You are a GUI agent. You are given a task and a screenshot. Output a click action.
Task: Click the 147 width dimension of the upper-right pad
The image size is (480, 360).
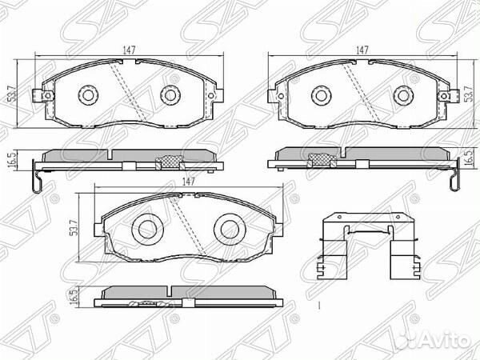click(x=362, y=50)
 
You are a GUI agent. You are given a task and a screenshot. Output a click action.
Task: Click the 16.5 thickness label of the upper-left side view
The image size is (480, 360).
click(x=10, y=160)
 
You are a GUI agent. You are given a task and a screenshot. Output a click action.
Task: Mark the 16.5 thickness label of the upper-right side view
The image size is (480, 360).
click(x=469, y=160)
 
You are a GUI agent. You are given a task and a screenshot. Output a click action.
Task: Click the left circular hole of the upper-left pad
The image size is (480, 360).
click(x=86, y=95)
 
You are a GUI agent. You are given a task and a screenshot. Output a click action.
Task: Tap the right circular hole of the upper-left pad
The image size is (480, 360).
click(x=168, y=95)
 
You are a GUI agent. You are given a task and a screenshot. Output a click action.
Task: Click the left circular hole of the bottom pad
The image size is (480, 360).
click(x=146, y=229)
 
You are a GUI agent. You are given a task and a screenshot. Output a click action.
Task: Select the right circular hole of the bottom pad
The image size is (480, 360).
click(x=228, y=229)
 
